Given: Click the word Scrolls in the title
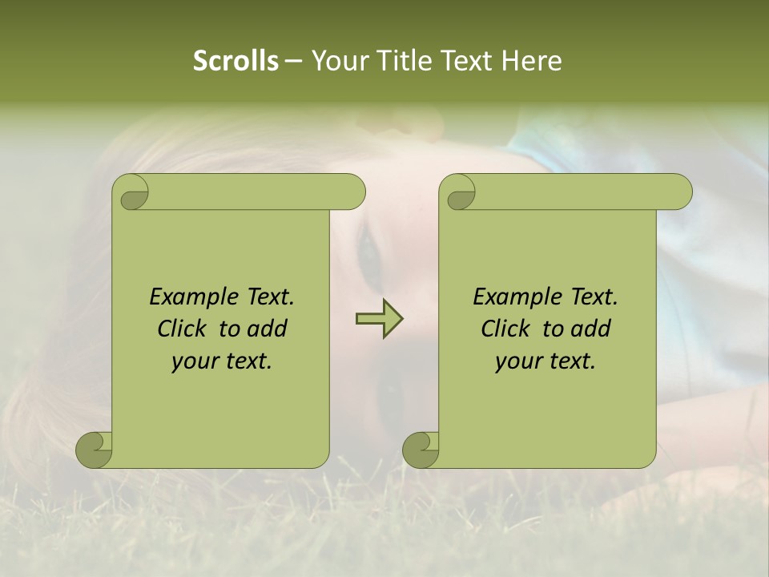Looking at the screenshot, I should [x=236, y=61].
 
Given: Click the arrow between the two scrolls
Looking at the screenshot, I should [x=379, y=320].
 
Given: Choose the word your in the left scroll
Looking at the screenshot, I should [x=194, y=361].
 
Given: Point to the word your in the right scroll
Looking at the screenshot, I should [x=517, y=361].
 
